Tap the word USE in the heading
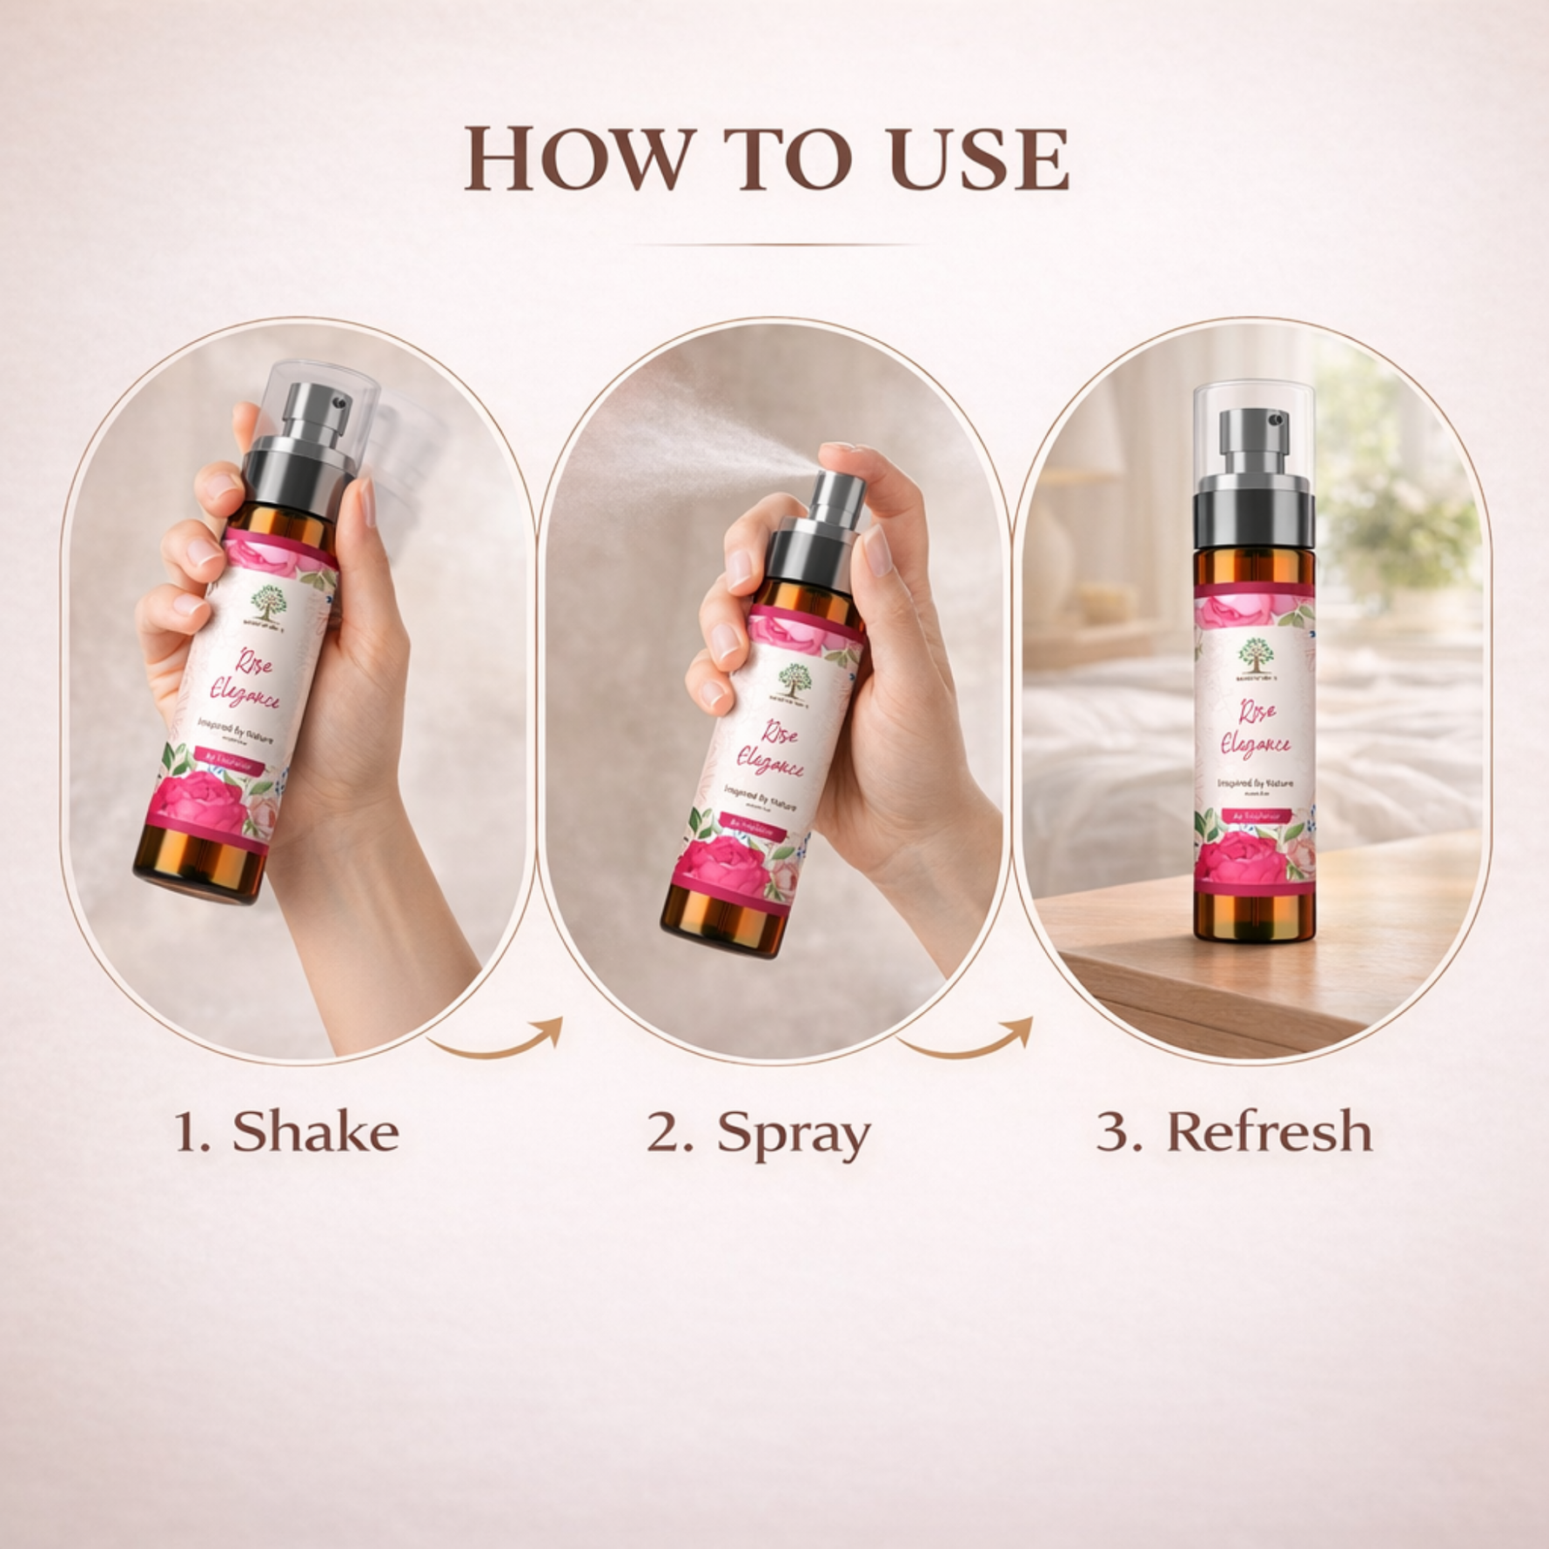978,159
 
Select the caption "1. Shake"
287,1132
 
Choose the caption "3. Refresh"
1234,1132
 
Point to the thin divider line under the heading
774,245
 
